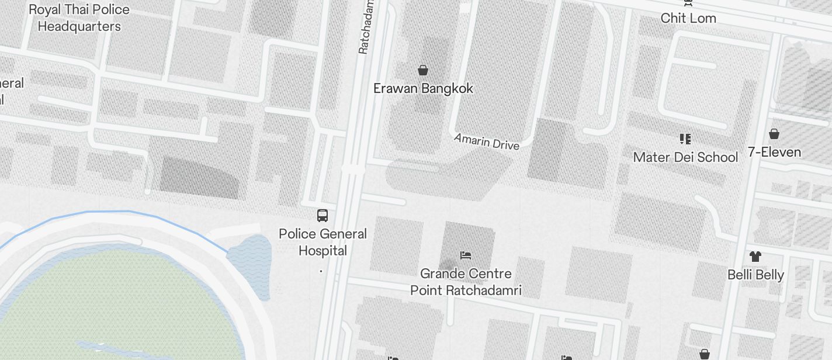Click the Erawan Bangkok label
pos(423,89)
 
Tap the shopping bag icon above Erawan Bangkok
pos(423,70)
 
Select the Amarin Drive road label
pos(487,141)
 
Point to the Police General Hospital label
pos(323,242)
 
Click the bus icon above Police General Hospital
pos(323,216)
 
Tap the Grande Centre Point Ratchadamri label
pos(466,282)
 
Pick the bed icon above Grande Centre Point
pos(466,255)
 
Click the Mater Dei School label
pos(685,157)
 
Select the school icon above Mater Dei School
pos(685,139)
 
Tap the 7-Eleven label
pos(774,153)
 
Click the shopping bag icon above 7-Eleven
pos(774,134)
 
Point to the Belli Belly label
pos(755,275)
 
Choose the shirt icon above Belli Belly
pos(755,256)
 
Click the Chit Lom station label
pos(688,18)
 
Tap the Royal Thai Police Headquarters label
pos(79,18)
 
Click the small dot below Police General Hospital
pos(321,271)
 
